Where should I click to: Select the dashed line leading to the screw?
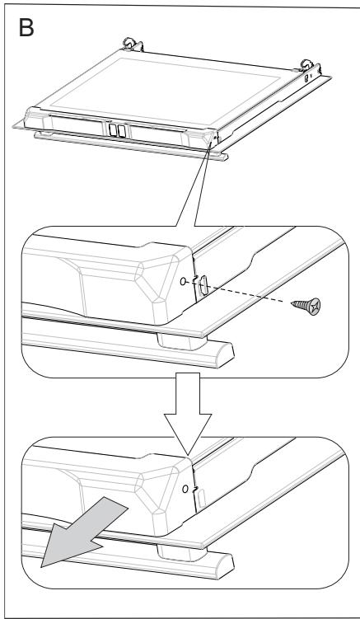(247, 296)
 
